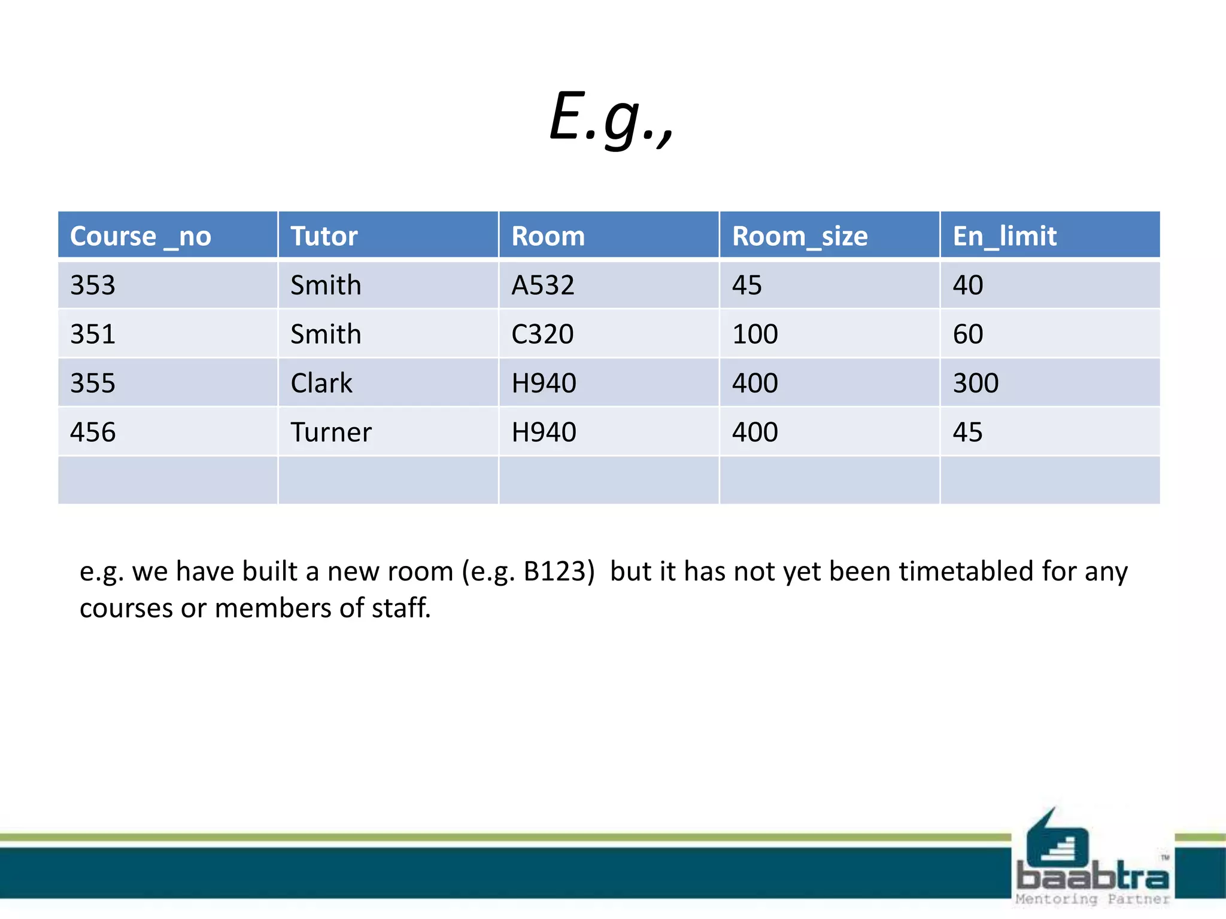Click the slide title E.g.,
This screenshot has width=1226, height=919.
pyautogui.click(x=612, y=117)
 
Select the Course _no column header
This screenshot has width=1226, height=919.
pyautogui.click(x=141, y=236)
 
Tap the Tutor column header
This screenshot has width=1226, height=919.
pyautogui.click(x=324, y=236)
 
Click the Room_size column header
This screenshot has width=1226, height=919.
pyautogui.click(x=800, y=236)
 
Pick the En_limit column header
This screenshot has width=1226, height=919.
pyautogui.click(x=1005, y=236)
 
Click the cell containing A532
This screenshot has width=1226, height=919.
pyautogui.click(x=542, y=285)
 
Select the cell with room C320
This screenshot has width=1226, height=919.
pyautogui.click(x=542, y=334)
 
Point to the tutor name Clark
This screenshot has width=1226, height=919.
pyautogui.click(x=321, y=384)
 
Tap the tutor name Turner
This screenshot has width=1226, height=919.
pyautogui.click(x=331, y=433)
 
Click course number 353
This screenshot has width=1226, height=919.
pyautogui.click(x=93, y=285)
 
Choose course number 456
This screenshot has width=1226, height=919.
pyautogui.click(x=93, y=433)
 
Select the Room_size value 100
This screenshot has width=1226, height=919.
pyautogui.click(x=755, y=334)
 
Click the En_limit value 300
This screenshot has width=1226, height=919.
pyautogui.click(x=976, y=384)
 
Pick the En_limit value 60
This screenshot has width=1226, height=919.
pyautogui.click(x=968, y=334)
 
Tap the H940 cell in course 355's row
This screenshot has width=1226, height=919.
pyautogui.click(x=544, y=384)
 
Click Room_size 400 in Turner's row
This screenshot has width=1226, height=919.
pyautogui.click(x=755, y=433)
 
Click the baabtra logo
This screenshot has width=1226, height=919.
pyautogui.click(x=1093, y=862)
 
